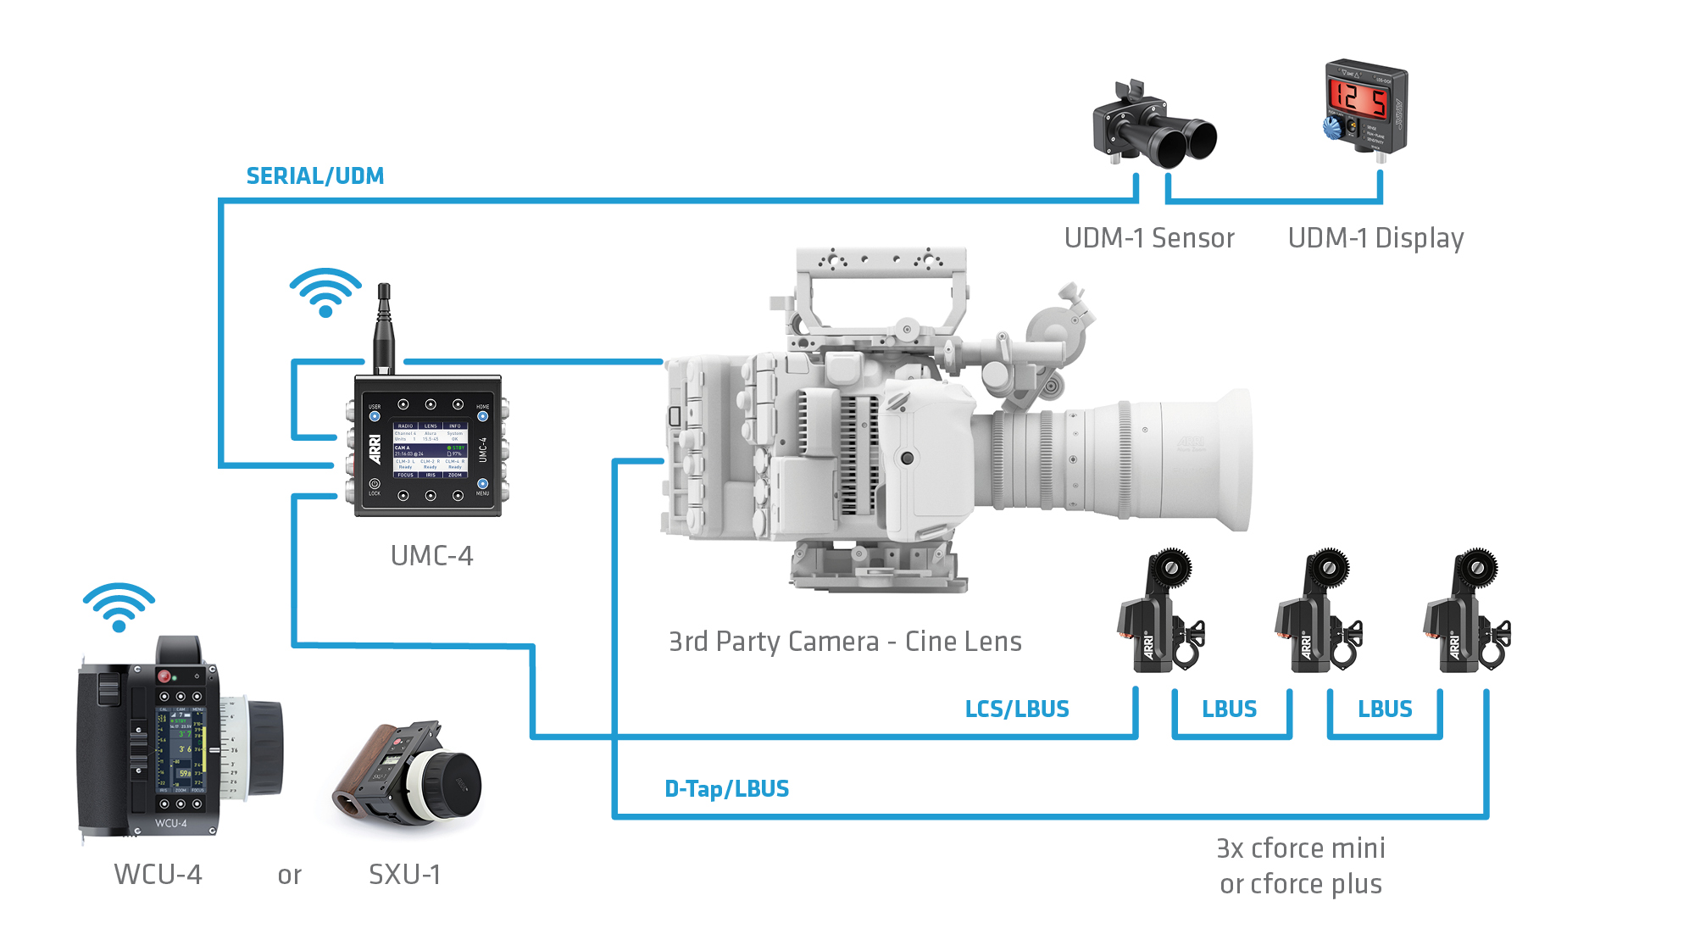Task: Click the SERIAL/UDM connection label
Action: pos(314,176)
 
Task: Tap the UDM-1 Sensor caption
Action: pos(1148,238)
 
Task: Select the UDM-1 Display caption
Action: pos(1375,238)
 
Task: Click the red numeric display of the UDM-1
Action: pos(1357,99)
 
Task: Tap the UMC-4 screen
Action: pos(430,450)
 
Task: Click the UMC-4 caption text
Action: pos(431,556)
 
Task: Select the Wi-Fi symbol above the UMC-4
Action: pos(325,292)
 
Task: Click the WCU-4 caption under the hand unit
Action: pos(158,875)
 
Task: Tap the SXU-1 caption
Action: pos(404,875)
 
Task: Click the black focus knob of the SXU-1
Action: pos(453,785)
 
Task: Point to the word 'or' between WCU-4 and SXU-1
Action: pos(289,876)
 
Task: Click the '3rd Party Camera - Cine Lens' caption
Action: pos(844,642)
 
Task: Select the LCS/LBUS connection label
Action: pos(1016,709)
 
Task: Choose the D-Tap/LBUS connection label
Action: pos(726,789)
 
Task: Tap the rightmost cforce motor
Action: pos(1466,615)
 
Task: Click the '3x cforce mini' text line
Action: pos(1300,848)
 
